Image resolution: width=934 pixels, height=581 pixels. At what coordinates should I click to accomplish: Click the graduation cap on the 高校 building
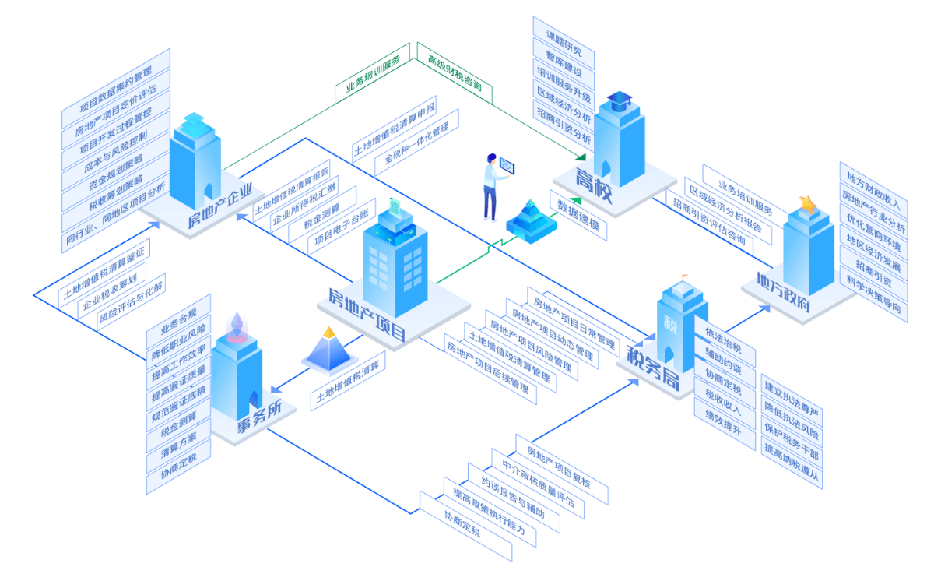tap(620, 100)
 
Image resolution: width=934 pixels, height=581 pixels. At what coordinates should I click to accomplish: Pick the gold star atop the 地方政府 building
tap(808, 204)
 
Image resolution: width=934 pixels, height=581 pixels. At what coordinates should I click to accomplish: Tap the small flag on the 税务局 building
tap(684, 276)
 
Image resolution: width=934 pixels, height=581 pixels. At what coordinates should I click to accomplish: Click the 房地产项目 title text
tap(367, 315)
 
